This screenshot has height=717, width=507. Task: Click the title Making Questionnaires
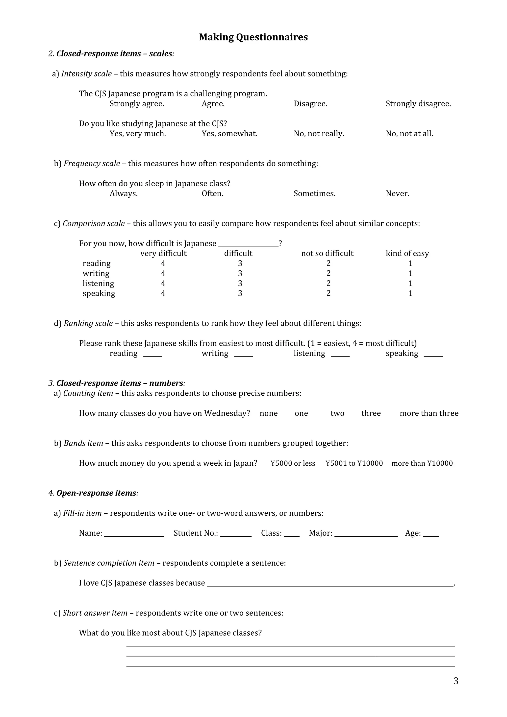pos(253,37)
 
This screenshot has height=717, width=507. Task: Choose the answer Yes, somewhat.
pos(229,134)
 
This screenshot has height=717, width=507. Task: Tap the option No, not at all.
pos(409,134)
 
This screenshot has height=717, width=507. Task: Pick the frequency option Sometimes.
pos(314,194)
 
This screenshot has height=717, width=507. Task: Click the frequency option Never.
pos(397,194)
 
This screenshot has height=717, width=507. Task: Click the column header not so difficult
pos(327,253)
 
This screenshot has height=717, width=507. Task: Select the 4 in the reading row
pos(163,263)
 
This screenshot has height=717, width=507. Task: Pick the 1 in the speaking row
pos(410,293)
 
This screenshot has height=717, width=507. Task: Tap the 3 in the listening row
pos(240,284)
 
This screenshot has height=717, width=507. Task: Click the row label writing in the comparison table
pos(96,274)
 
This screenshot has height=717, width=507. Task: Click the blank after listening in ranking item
pos(340,355)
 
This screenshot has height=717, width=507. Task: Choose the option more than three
pos(429,413)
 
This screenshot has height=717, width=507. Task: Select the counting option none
pos(268,413)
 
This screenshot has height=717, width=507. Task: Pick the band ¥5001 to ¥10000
pos(354,463)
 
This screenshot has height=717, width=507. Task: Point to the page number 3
pos(456,681)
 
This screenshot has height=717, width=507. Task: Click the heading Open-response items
pos(96,493)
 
